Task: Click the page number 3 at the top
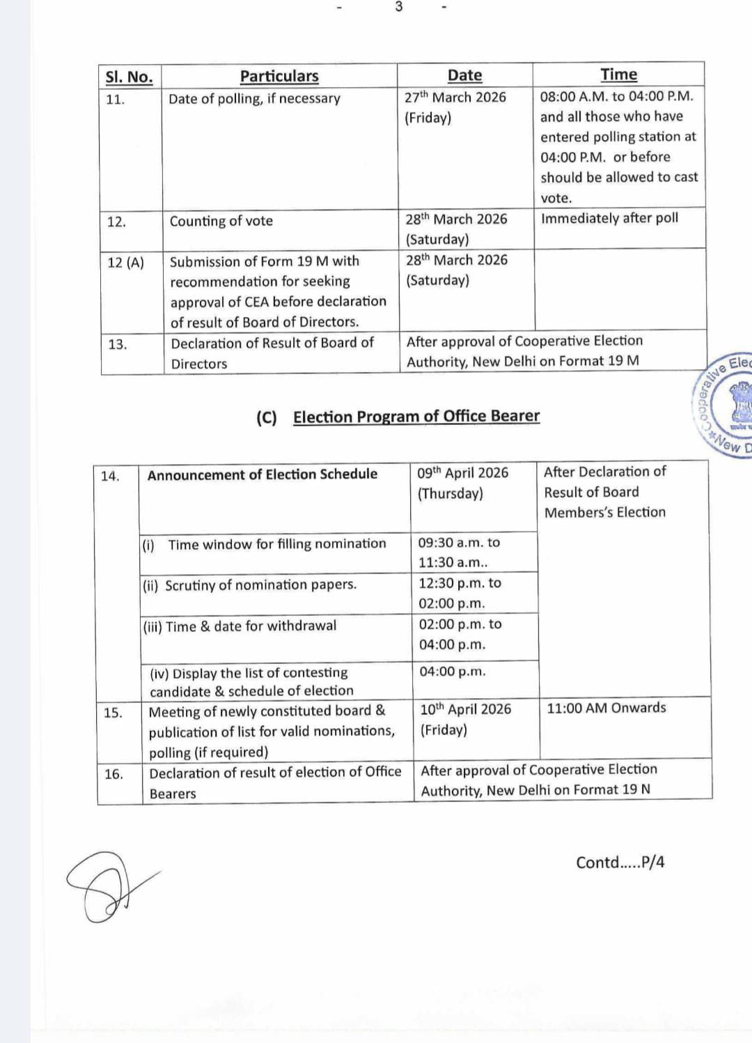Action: (x=398, y=7)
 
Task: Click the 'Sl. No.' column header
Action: (x=129, y=77)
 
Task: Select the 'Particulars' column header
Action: (x=279, y=76)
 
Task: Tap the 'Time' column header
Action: (x=618, y=75)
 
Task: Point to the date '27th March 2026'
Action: (x=455, y=97)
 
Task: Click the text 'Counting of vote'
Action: (x=221, y=221)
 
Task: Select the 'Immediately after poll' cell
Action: (x=609, y=218)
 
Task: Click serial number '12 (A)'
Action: (x=126, y=263)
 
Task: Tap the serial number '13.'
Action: (x=118, y=344)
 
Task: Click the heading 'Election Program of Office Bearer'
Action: (x=416, y=417)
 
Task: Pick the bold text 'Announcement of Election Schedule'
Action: (x=263, y=474)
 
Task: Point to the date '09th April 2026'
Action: (x=463, y=472)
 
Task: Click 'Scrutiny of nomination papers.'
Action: (x=260, y=585)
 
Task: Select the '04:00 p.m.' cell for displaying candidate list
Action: (x=453, y=672)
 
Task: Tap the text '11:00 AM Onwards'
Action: (x=606, y=708)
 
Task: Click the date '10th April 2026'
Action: (x=465, y=709)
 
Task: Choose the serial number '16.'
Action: (x=113, y=774)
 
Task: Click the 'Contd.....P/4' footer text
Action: (x=620, y=863)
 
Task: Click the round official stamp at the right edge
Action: (x=728, y=404)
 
